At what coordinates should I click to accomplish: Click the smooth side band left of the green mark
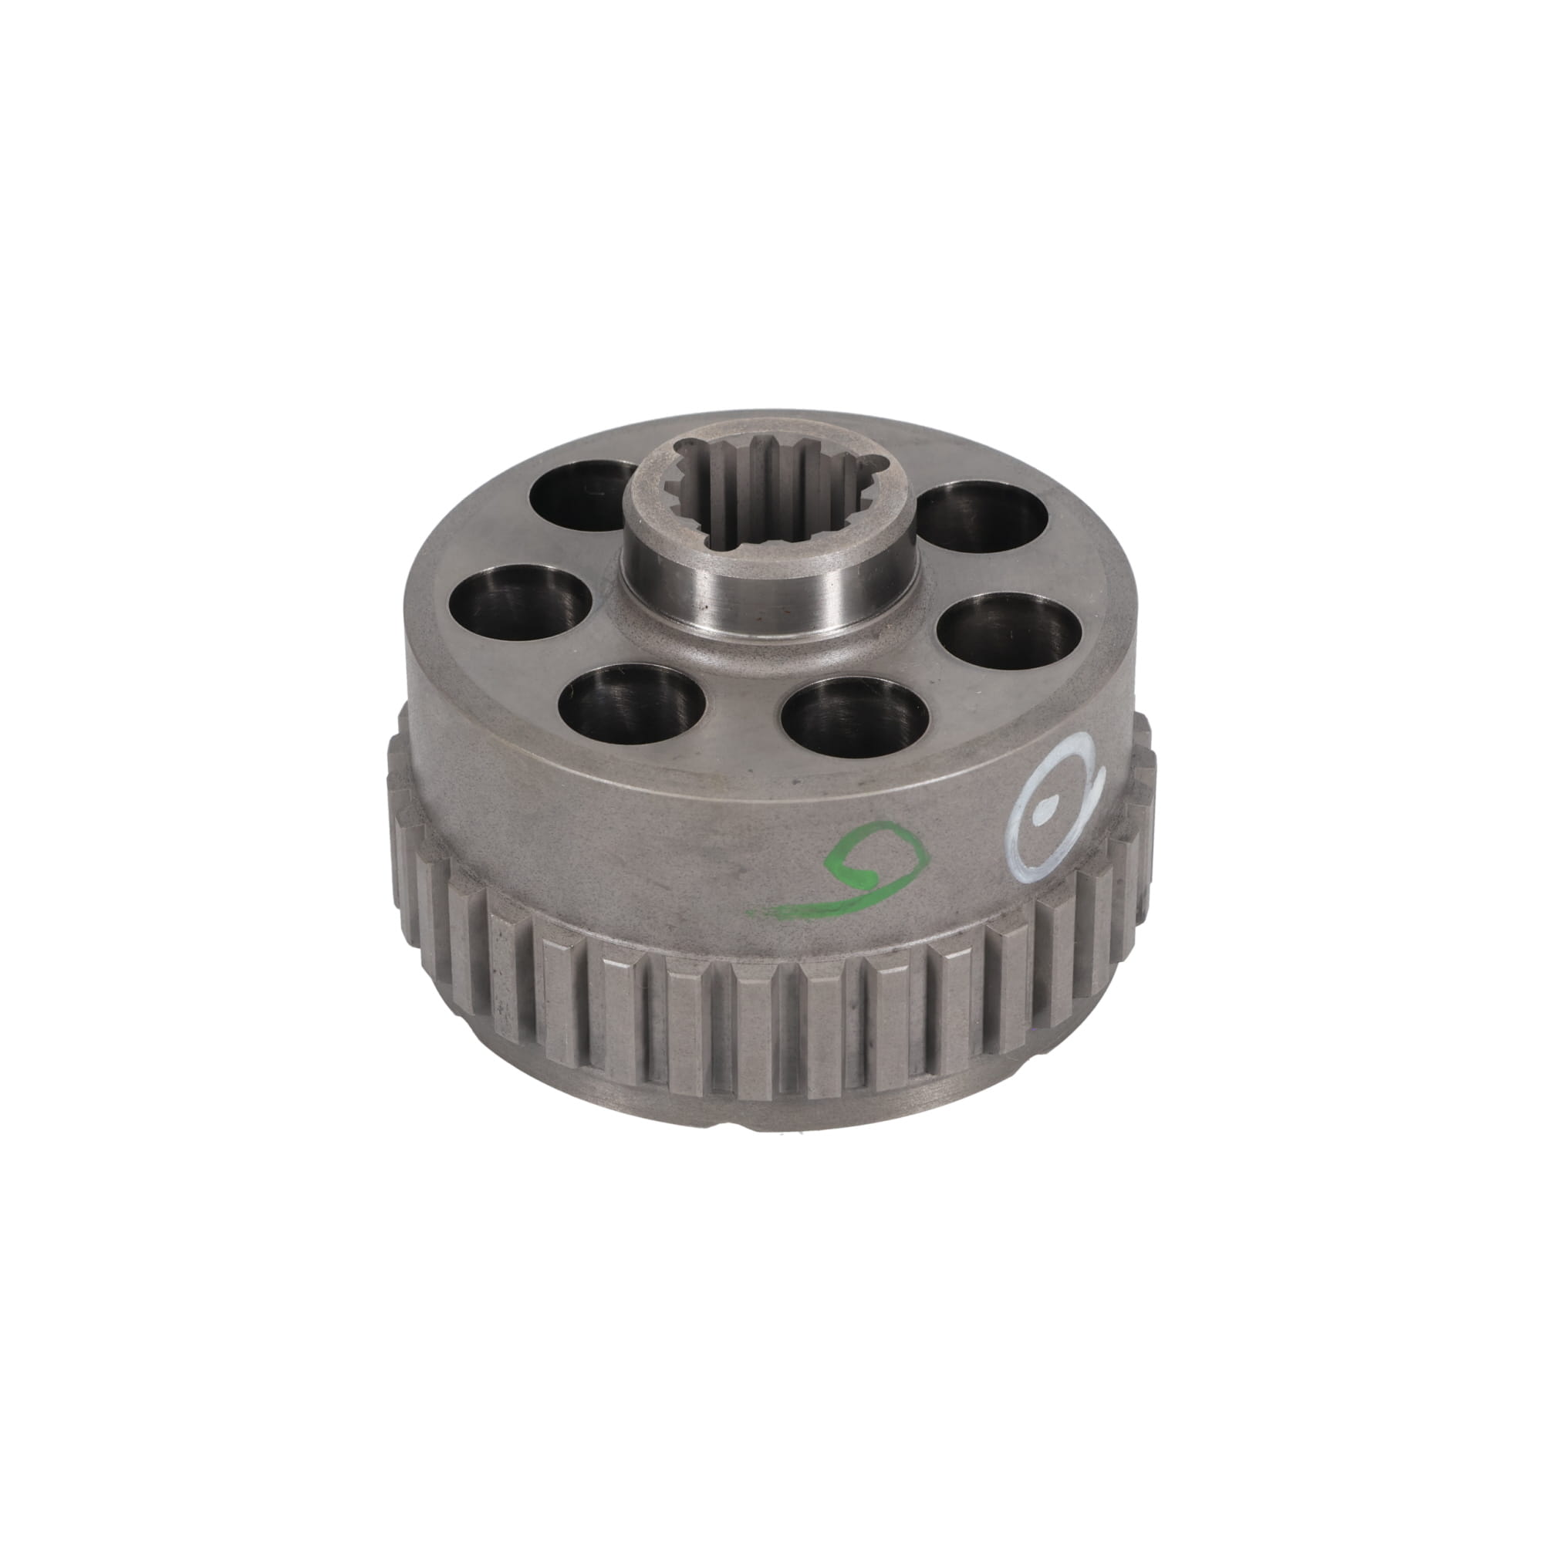599,846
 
